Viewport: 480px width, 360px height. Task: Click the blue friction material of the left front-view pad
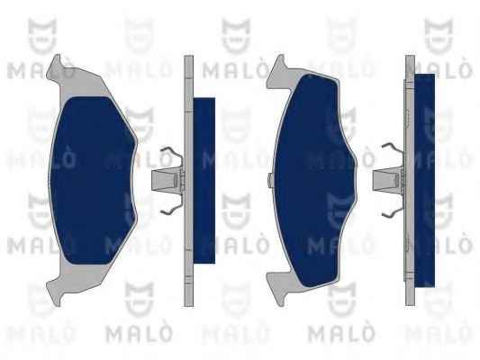(x=92, y=181)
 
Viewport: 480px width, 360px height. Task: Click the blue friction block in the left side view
(x=204, y=181)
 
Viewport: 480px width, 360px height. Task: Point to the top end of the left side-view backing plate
(x=188, y=56)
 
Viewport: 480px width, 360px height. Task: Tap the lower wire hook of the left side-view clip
(x=171, y=207)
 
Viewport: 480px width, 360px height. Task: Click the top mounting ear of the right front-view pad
(x=278, y=71)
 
